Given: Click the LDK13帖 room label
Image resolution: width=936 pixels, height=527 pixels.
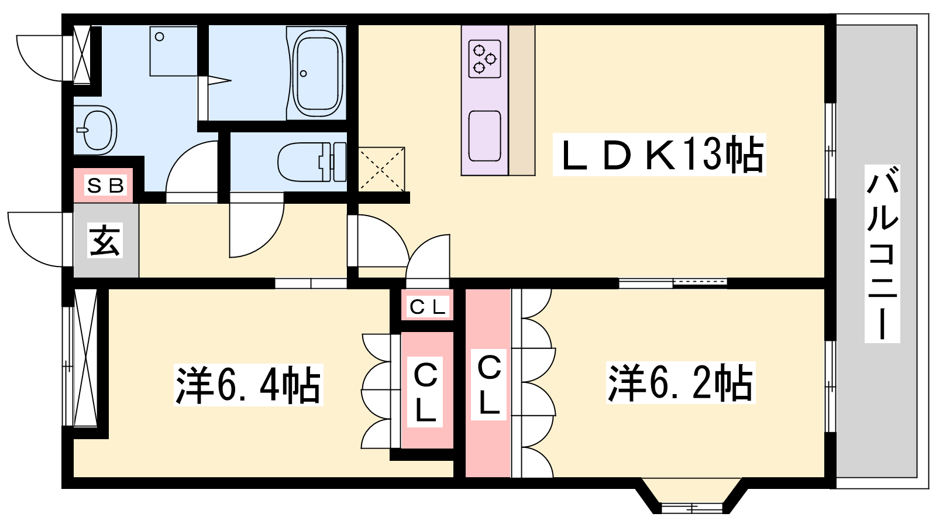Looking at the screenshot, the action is tap(659, 155).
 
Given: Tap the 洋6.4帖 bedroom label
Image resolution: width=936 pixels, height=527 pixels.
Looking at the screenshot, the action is tap(248, 385).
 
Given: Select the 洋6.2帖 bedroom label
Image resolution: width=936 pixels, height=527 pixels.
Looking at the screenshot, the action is tap(681, 383).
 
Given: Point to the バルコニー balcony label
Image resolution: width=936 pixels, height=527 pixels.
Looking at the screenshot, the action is tap(882, 254).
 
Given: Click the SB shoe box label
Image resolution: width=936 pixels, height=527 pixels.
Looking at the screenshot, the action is tap(105, 185).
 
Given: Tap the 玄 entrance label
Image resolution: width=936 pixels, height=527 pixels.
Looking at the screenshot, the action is tap(105, 240).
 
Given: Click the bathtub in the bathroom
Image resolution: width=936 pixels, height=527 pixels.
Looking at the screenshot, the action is tap(318, 73).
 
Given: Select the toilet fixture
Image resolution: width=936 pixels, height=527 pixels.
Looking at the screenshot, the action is tap(312, 162).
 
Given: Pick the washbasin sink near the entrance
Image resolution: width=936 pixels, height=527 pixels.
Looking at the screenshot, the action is tap(96, 130).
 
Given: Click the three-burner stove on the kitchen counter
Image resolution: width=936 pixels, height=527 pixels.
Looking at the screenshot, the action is tap(485, 59).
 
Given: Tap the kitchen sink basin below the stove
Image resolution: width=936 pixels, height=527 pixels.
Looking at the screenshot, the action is tap(485, 136).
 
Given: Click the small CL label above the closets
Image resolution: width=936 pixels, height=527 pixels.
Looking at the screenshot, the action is tap(428, 307).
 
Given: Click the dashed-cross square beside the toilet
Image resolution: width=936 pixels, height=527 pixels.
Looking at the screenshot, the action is tap(381, 169).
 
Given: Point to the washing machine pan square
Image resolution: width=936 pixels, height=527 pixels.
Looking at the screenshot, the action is tap(173, 51).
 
